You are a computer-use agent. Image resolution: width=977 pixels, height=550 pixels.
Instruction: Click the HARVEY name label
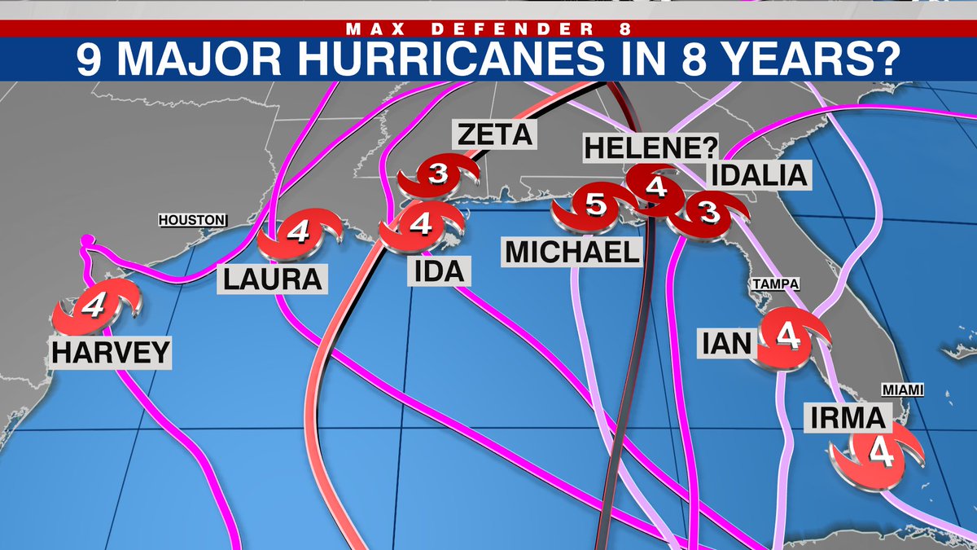click(111, 352)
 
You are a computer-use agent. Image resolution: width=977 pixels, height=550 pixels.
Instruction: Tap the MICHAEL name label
click(572, 252)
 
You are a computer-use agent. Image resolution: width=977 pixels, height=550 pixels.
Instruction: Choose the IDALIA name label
click(760, 175)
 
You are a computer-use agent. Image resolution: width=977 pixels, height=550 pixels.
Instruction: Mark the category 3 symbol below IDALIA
click(710, 213)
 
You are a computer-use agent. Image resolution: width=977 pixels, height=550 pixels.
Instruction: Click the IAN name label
click(727, 342)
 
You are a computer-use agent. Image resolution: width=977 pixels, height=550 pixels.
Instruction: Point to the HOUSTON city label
click(191, 220)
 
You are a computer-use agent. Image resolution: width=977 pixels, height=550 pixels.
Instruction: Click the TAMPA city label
click(774, 284)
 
